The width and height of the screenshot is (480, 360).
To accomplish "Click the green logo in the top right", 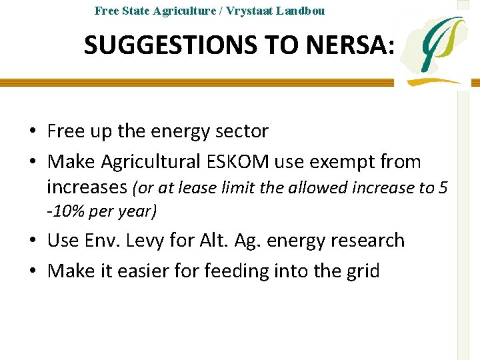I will click(x=437, y=50).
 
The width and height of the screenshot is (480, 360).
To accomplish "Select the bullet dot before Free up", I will click(x=32, y=131).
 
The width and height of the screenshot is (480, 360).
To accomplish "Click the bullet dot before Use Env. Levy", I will click(x=32, y=241).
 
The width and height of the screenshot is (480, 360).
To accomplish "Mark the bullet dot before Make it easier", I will click(x=32, y=271).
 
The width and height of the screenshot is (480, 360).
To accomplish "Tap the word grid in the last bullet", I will click(x=360, y=271).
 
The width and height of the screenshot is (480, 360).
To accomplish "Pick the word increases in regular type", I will click(x=87, y=187).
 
